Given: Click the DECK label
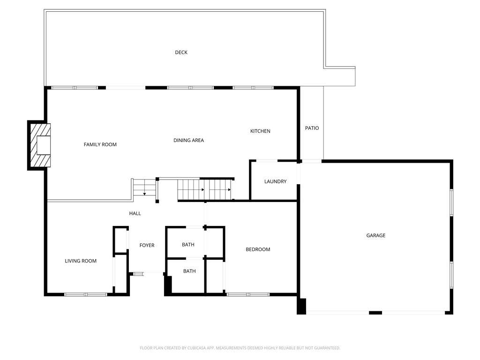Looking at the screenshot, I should (x=181, y=52).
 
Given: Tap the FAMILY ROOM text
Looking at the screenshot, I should (x=100, y=144).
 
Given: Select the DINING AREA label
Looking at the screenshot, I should (x=188, y=140).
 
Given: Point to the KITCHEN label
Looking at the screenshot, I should (x=260, y=131).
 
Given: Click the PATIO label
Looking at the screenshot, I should (x=312, y=128).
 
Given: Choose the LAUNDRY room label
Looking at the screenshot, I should (x=275, y=181).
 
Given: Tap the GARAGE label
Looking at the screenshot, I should (x=375, y=235).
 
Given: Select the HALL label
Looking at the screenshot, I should (x=135, y=213).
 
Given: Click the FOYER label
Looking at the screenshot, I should (x=147, y=245).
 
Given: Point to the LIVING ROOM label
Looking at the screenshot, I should (x=81, y=261).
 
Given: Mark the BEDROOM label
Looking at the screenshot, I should (x=258, y=249).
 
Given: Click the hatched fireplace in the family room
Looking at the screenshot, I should (x=39, y=145).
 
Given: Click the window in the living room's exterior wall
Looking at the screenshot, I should (x=86, y=294).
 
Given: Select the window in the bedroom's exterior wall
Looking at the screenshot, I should (x=248, y=294).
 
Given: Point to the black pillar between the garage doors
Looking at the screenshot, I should (x=375, y=312).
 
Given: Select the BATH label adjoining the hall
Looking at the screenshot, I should (x=188, y=245).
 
